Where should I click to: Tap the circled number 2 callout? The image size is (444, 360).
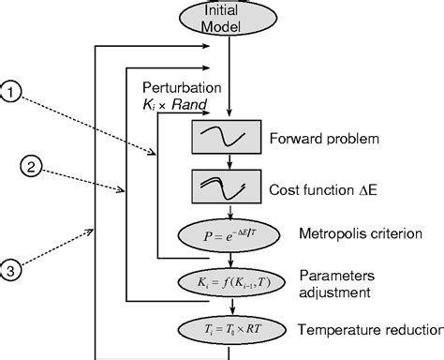31,169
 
